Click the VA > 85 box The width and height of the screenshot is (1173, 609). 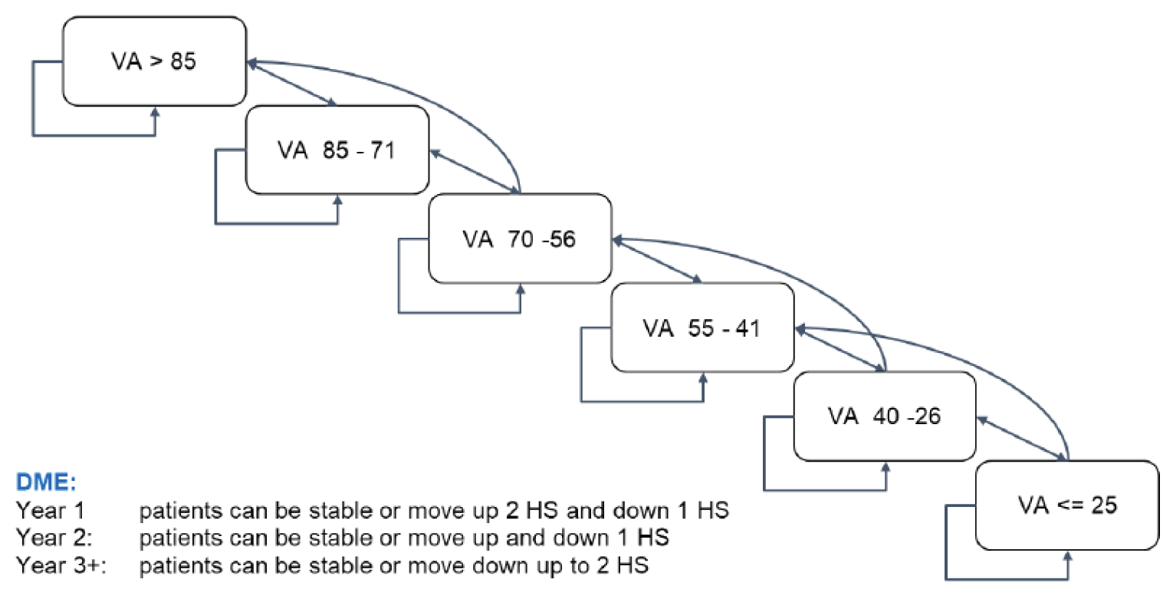154,61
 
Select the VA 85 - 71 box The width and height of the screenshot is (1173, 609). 337,150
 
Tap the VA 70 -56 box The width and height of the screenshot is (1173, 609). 519,239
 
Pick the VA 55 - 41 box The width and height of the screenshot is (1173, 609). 701,328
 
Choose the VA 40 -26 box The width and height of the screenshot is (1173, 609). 884,416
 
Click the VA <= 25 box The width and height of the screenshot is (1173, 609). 1066,505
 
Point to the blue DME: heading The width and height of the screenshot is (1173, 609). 47,483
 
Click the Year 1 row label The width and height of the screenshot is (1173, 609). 51,510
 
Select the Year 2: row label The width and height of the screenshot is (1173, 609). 54,538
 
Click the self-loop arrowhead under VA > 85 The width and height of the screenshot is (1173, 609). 155,112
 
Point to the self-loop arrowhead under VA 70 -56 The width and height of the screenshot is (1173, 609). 521,289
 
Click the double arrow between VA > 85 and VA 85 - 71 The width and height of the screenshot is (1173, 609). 292,84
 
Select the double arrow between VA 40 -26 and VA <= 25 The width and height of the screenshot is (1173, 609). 1021,439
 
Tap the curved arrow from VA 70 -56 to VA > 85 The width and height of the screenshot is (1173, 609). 429,100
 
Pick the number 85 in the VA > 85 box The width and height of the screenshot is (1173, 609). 182,61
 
